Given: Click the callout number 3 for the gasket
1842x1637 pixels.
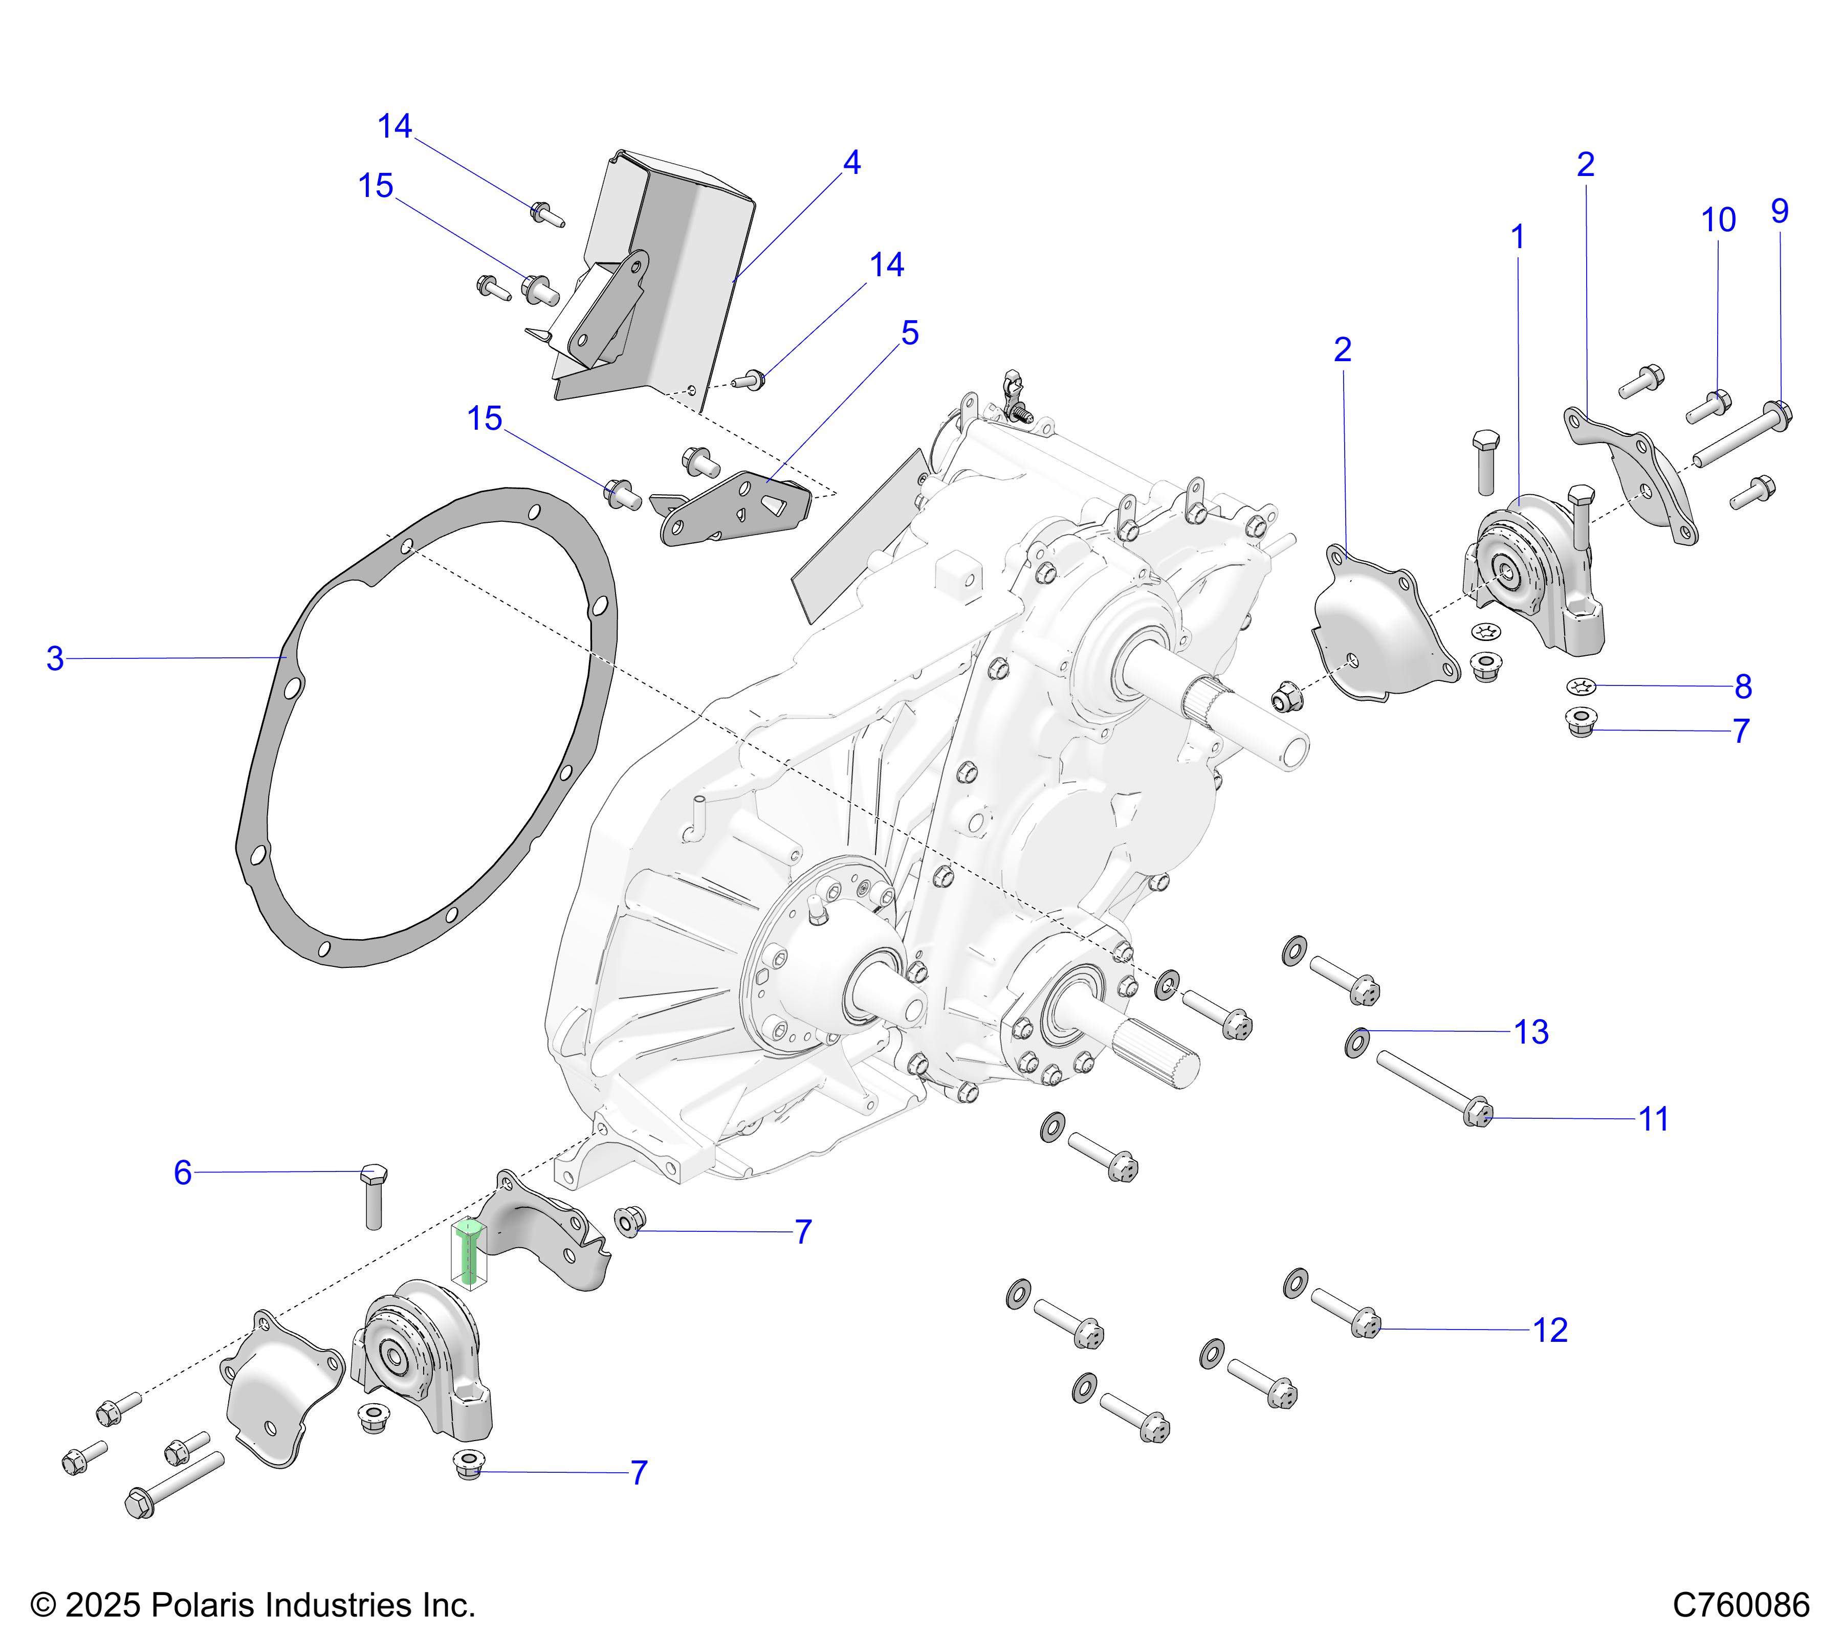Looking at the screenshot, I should click(55, 658).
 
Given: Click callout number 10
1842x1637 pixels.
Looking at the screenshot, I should click(1718, 220).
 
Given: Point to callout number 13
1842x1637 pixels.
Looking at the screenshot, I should click(1531, 1032).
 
